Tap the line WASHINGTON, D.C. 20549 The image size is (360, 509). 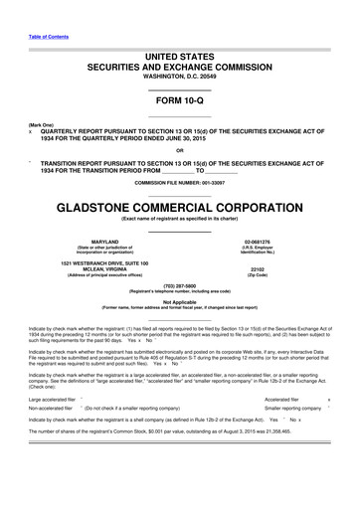[179, 77]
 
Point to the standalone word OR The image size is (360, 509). [179, 150]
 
